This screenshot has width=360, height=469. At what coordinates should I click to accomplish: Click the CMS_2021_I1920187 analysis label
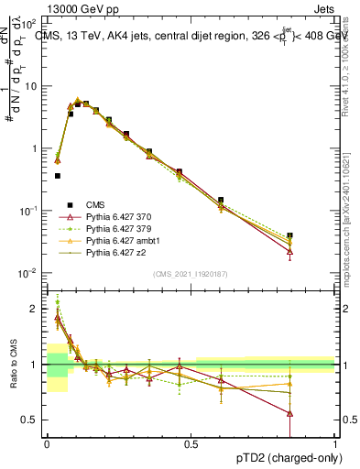(191, 275)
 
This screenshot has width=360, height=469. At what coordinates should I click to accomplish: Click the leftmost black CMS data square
(57, 175)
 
